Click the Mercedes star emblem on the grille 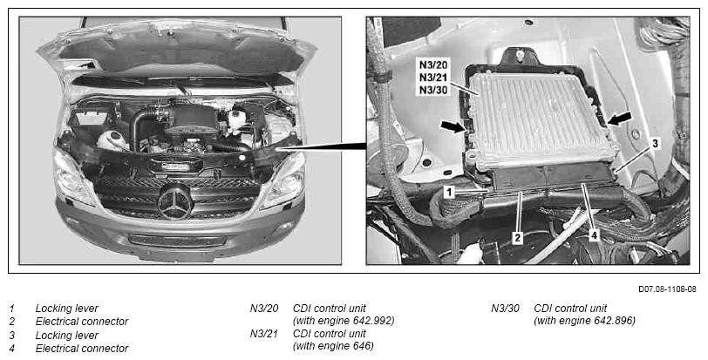click(174, 200)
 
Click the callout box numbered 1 click(448, 193)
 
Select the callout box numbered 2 click(518, 238)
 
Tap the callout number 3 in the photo click(655, 144)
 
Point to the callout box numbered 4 click(595, 235)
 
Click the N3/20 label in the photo click(433, 65)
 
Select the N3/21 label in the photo click(433, 77)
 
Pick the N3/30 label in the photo click(433, 91)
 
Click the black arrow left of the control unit click(453, 126)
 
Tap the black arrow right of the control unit click(620, 119)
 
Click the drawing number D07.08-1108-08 click(667, 289)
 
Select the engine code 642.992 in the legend click(372, 321)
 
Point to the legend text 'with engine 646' click(334, 346)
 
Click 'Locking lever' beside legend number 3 click(67, 336)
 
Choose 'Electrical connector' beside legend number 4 click(82, 349)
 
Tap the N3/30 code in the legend click(505, 309)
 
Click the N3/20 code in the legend click(264, 309)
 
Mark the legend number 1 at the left click(11, 309)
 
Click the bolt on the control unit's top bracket click(521, 57)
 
